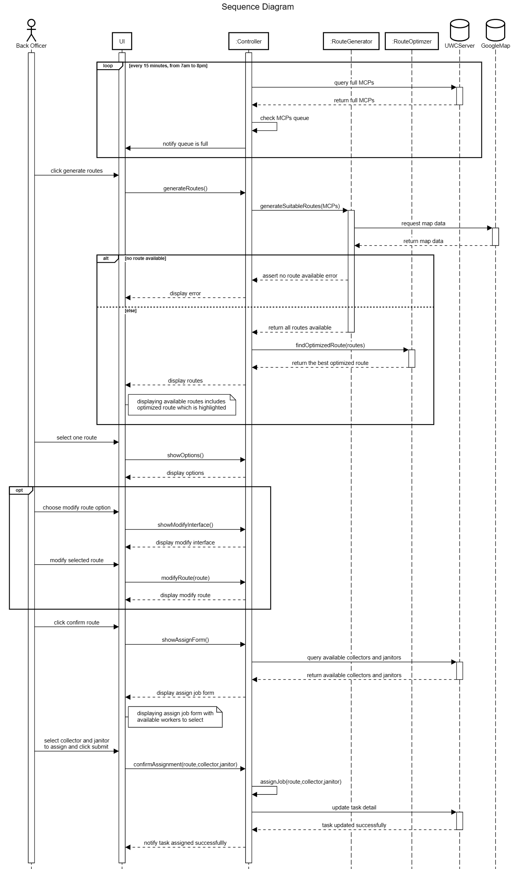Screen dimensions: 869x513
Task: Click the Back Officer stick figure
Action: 31,30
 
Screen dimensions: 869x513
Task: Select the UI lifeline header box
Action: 122,42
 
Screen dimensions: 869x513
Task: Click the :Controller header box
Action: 249,42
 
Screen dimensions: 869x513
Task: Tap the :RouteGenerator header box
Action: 351,42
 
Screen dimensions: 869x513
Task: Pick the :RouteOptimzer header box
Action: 412,42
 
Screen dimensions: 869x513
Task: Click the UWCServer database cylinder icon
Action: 460,30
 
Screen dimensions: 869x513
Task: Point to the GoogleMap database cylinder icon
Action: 495,30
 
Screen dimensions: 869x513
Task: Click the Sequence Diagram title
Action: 257,7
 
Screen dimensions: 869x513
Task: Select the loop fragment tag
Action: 108,66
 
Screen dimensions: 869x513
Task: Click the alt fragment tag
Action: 106,258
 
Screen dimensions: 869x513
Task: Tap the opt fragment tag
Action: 19,490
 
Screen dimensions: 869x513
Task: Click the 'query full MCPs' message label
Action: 354,83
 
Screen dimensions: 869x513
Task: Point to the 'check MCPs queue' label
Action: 284,118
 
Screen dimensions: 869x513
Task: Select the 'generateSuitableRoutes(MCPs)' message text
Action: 300,206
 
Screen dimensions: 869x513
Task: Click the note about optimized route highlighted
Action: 181,405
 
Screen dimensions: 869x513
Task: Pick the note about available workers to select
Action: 175,716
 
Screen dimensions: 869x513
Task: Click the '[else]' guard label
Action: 131,311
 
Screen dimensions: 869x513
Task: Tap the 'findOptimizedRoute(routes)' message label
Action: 330,345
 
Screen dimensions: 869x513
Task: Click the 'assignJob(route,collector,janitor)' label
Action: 300,782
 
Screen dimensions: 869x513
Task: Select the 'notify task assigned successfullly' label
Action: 185,843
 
